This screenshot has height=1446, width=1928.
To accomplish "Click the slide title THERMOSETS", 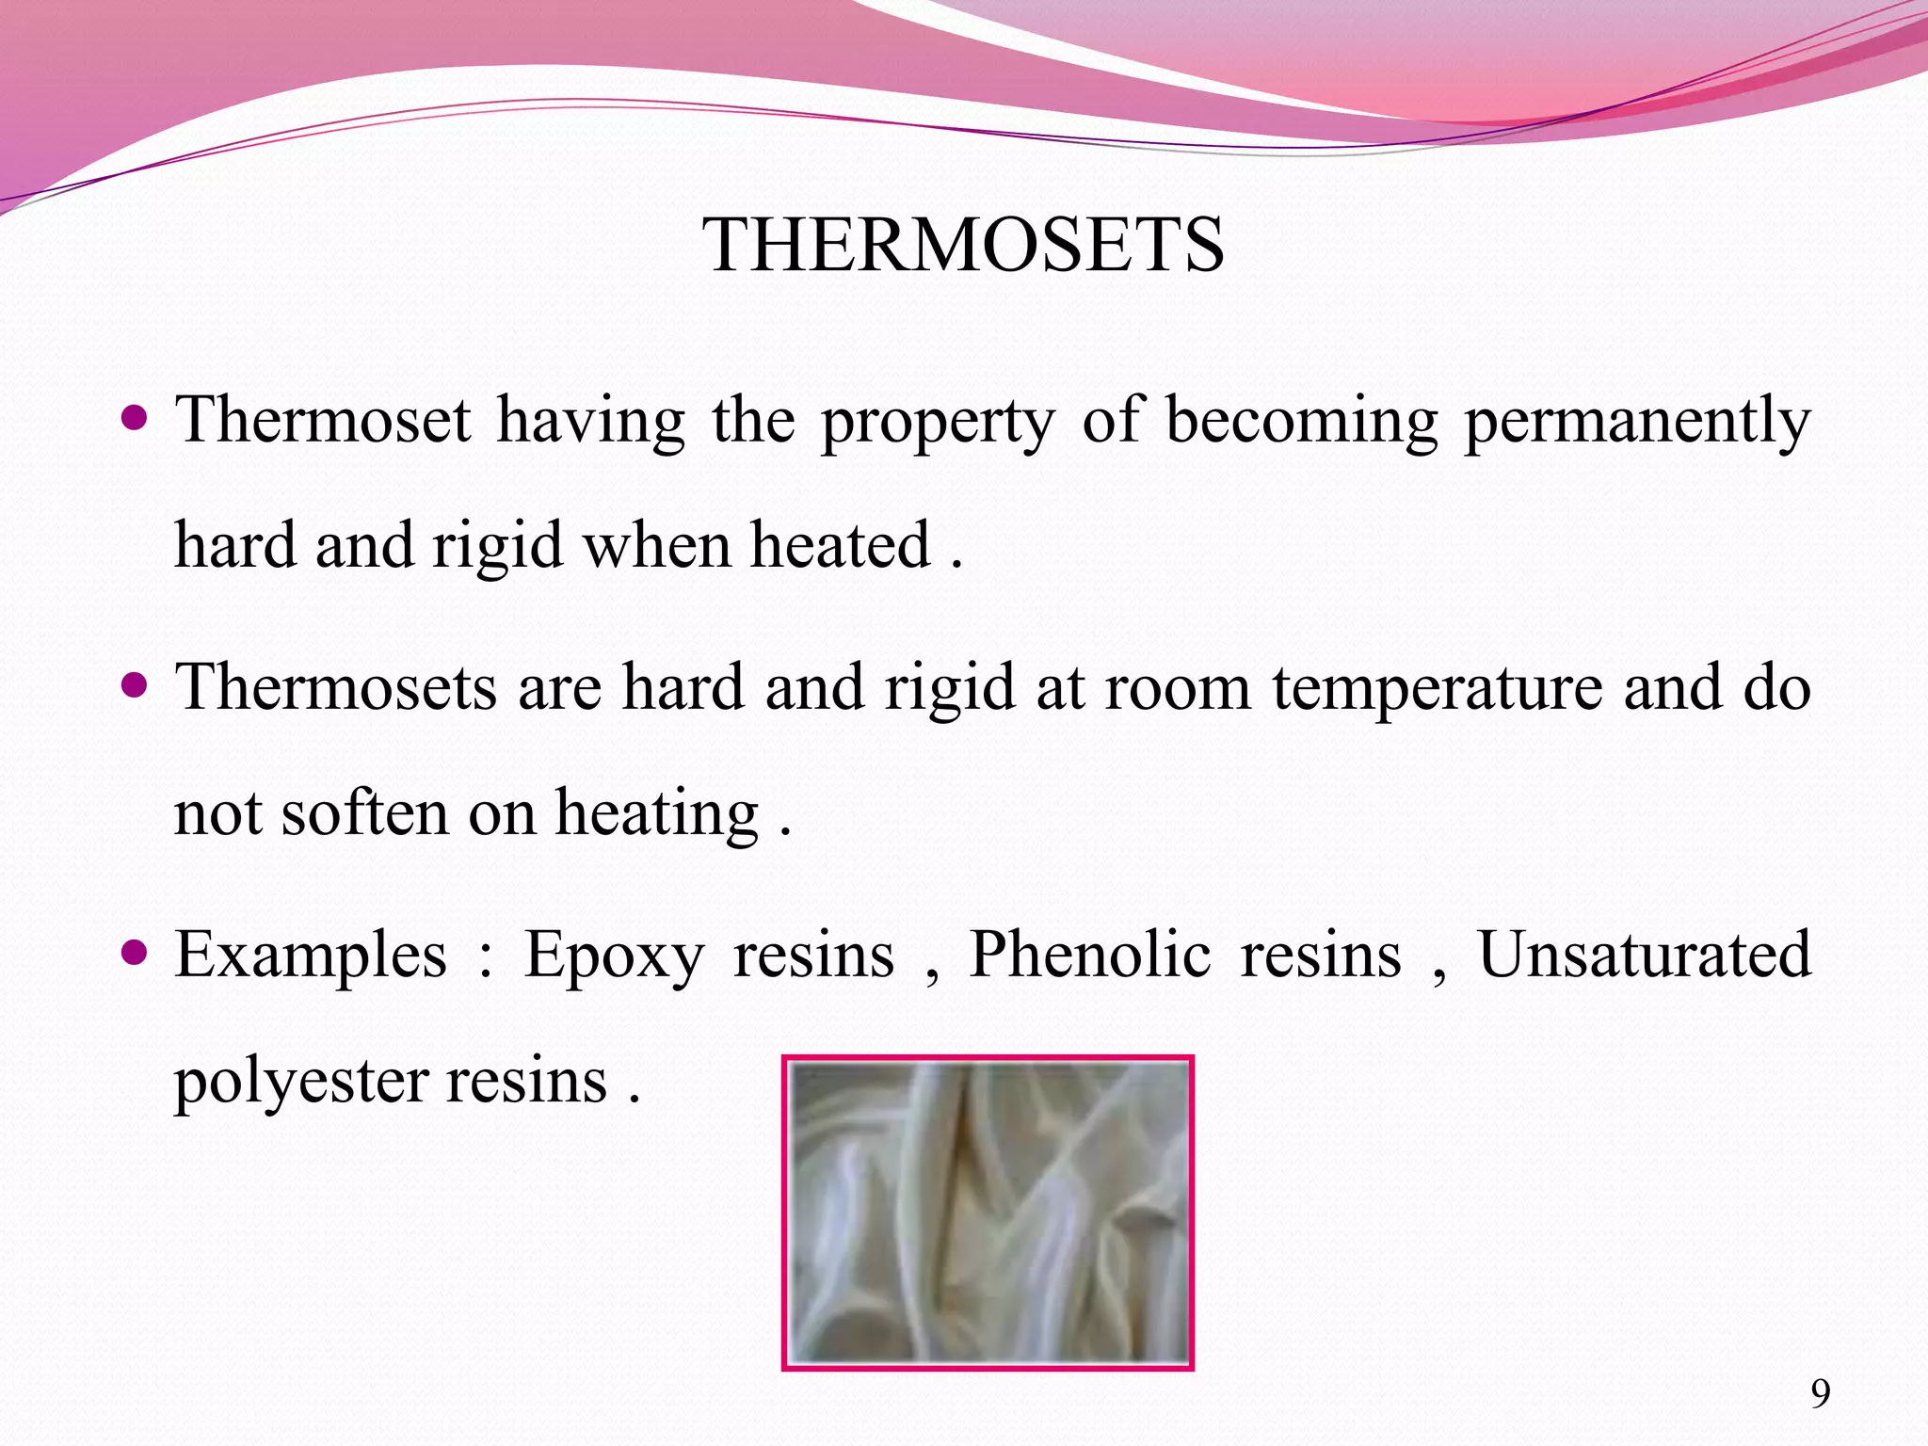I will (x=963, y=246).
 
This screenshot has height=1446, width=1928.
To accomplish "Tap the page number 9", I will (x=1821, y=1393).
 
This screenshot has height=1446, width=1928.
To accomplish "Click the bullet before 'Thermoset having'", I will (x=136, y=416).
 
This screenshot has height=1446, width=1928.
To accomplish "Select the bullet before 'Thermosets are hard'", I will (x=136, y=684).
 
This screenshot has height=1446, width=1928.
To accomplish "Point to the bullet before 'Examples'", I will (x=136, y=953).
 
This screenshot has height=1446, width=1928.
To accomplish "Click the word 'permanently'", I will (x=1636, y=421).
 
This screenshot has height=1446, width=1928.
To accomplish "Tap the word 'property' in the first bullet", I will (x=938, y=421).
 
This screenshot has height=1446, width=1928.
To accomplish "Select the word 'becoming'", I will (x=1301, y=421).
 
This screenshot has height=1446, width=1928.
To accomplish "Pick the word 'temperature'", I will (x=1438, y=688).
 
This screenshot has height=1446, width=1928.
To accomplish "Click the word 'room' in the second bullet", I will (x=1178, y=688).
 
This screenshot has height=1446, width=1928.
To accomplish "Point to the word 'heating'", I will (x=656, y=813).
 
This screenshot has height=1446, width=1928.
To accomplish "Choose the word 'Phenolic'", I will (x=1089, y=955).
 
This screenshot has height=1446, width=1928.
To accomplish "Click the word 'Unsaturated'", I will (x=1644, y=955).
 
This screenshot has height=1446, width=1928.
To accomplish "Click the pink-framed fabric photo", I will (x=988, y=1213).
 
